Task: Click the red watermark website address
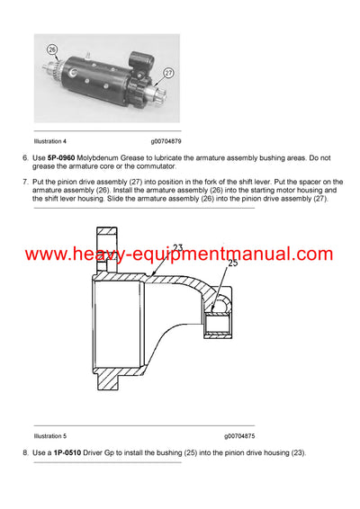(179, 254)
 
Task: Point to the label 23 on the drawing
(177, 246)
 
